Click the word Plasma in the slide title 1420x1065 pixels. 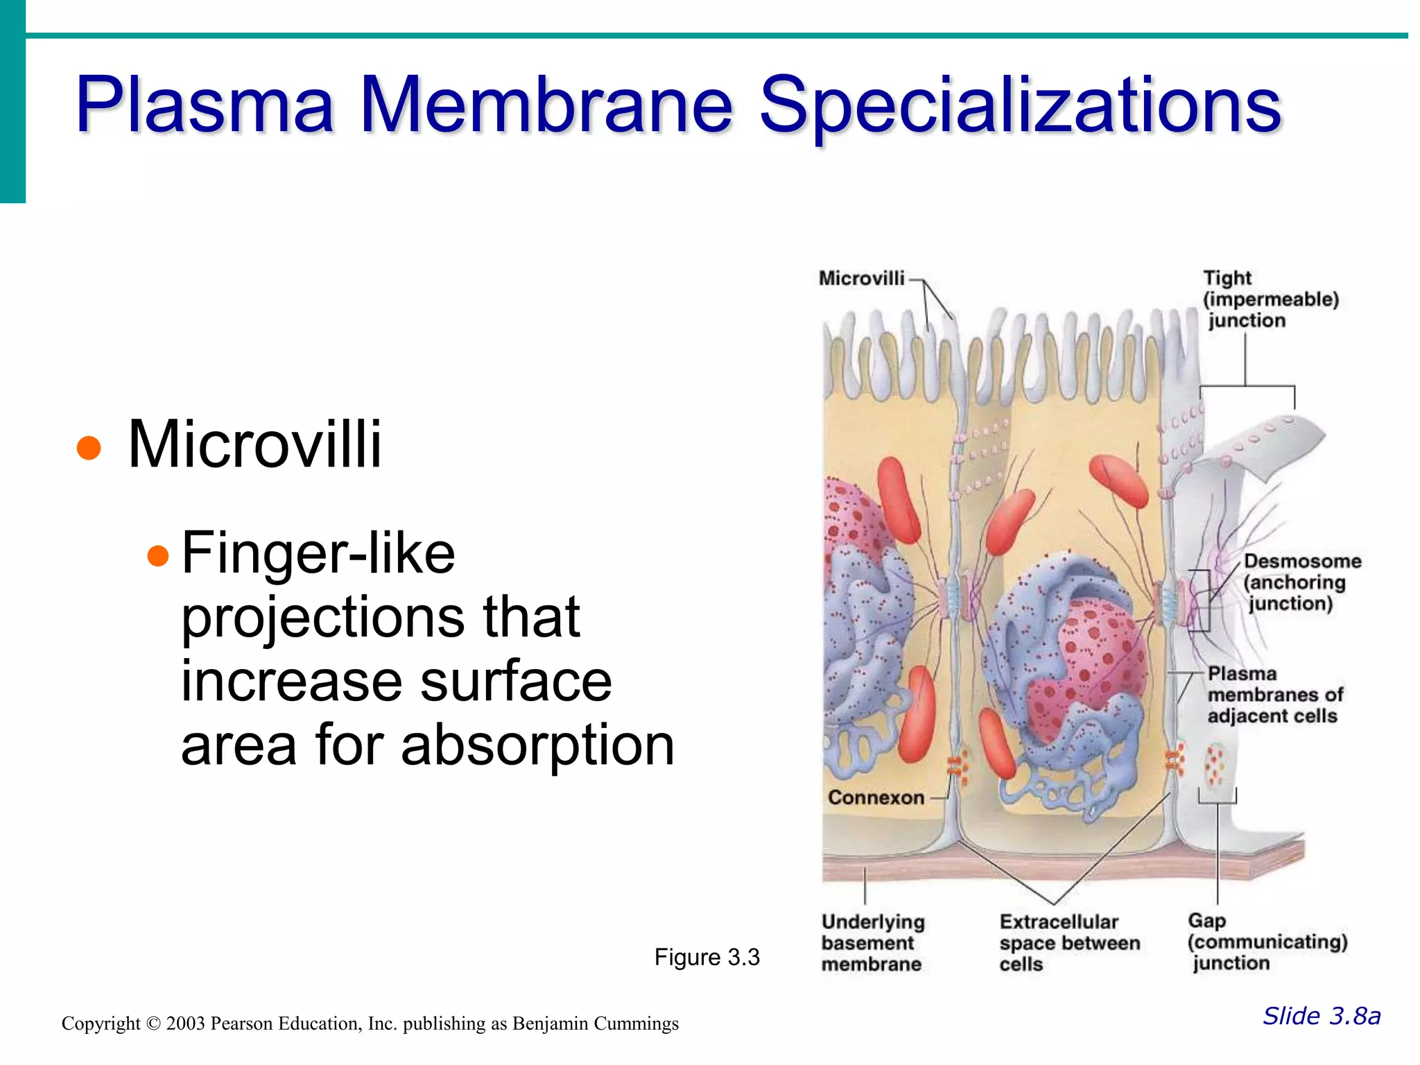click(x=205, y=105)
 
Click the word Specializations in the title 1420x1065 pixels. click(x=1020, y=105)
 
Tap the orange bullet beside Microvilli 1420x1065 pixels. click(x=89, y=447)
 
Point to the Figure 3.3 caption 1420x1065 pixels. click(x=707, y=958)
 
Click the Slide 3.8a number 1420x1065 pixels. click(x=1321, y=1016)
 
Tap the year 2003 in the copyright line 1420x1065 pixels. click(x=185, y=1023)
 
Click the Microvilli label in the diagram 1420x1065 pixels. click(x=861, y=278)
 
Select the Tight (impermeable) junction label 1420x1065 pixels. click(x=1270, y=299)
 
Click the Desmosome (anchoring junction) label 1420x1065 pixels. click(x=1301, y=582)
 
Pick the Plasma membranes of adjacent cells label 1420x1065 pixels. click(x=1274, y=694)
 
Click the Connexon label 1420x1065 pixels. click(x=876, y=797)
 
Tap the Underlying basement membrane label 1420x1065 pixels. click(x=872, y=942)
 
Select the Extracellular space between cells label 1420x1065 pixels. click(x=1068, y=942)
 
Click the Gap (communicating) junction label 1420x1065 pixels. click(x=1266, y=942)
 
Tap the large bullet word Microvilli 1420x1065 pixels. click(x=254, y=444)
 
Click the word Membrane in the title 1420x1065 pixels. click(x=546, y=105)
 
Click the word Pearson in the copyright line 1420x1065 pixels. click(x=241, y=1023)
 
